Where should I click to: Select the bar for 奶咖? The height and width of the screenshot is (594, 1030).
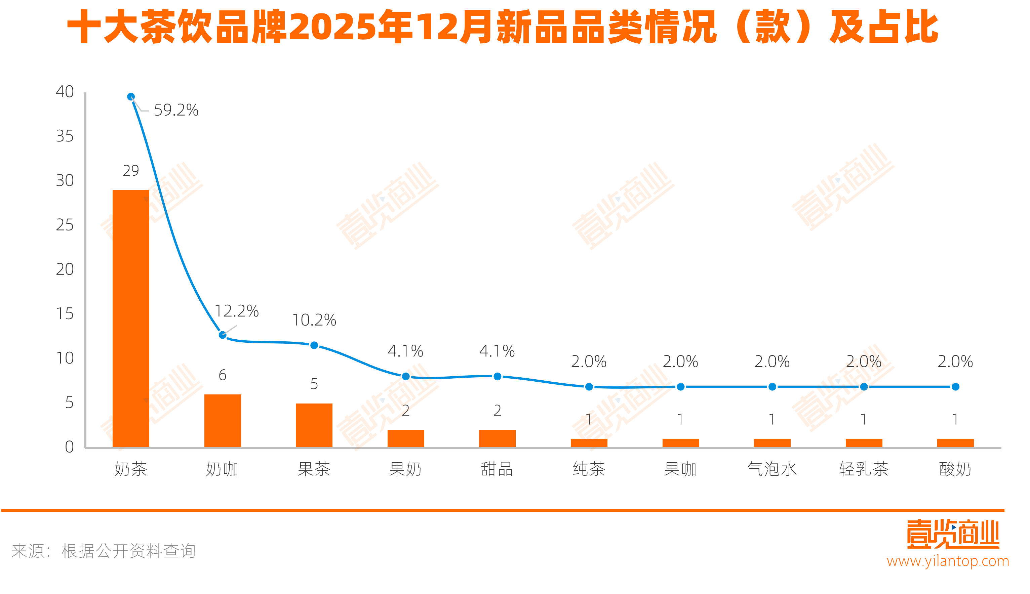coord(223,421)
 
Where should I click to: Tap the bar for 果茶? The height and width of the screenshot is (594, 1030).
coord(314,425)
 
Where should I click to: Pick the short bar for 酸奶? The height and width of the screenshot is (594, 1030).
coord(955,443)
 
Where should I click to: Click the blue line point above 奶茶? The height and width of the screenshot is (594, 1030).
coord(130,97)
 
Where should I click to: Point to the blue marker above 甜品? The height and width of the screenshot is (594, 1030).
coord(497,376)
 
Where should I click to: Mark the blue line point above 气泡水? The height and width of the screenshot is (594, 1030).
coord(772,387)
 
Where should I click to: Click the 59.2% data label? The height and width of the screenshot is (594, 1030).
coord(176,110)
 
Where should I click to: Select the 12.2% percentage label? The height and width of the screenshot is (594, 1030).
coord(237,311)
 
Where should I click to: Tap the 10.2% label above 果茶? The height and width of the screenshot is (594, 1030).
coord(314,320)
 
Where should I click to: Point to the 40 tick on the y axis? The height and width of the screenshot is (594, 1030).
coord(65,92)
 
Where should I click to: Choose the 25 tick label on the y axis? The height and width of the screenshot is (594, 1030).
coord(65,225)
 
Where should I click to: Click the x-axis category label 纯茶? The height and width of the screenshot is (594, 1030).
coord(589,469)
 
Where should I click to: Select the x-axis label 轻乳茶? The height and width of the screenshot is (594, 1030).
coord(864,469)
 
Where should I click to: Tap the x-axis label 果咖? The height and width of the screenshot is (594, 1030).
coord(680,469)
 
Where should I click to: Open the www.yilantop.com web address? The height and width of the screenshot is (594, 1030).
coord(948,561)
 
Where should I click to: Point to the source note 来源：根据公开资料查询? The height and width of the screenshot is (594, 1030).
coord(104,551)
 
